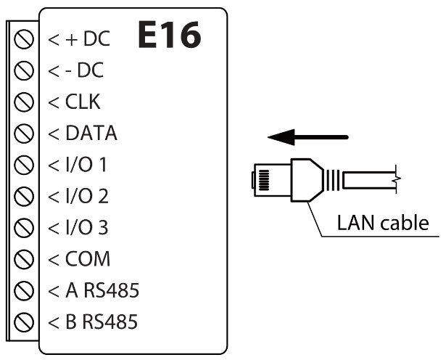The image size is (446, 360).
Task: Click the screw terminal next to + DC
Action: (25, 39)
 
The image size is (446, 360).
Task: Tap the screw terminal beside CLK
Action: (25, 102)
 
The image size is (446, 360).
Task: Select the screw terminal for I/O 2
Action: (25, 196)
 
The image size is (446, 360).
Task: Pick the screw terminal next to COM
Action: (25, 258)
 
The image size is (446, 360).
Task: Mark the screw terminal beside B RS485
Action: (25, 321)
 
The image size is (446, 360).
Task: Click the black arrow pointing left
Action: (307, 136)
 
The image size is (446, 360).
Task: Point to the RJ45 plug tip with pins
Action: (263, 179)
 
